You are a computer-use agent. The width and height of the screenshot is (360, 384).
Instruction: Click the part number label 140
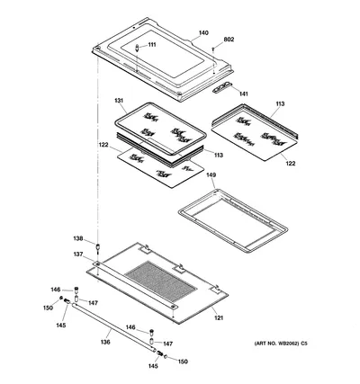[x=203, y=33]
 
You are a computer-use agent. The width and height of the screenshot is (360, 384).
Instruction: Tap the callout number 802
[x=229, y=40]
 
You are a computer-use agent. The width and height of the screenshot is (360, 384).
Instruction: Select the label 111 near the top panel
[x=152, y=45]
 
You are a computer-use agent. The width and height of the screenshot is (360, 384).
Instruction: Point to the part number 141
[x=244, y=94]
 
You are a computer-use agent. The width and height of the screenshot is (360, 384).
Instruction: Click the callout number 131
[x=119, y=101]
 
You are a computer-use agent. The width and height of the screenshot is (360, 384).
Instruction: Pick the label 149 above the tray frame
[x=211, y=174]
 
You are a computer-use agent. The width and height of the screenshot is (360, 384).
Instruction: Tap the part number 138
[x=78, y=238]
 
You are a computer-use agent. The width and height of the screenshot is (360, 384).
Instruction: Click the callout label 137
[x=78, y=255]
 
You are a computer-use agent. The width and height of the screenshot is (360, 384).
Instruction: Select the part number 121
[x=219, y=317]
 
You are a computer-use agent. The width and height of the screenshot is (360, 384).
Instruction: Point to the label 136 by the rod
[x=105, y=342]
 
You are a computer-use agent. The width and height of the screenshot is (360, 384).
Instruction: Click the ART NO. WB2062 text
[x=277, y=344]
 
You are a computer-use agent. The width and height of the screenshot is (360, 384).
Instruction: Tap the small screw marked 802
[x=213, y=49]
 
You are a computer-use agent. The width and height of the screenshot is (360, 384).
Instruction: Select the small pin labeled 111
[x=137, y=48]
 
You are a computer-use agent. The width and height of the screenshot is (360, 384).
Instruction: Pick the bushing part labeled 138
[x=97, y=246]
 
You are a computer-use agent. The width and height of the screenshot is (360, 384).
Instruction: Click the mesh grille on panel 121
[x=161, y=281]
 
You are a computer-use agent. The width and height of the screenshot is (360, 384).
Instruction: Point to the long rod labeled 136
[x=113, y=326]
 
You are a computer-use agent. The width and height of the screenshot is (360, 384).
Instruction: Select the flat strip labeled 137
[x=134, y=284]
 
